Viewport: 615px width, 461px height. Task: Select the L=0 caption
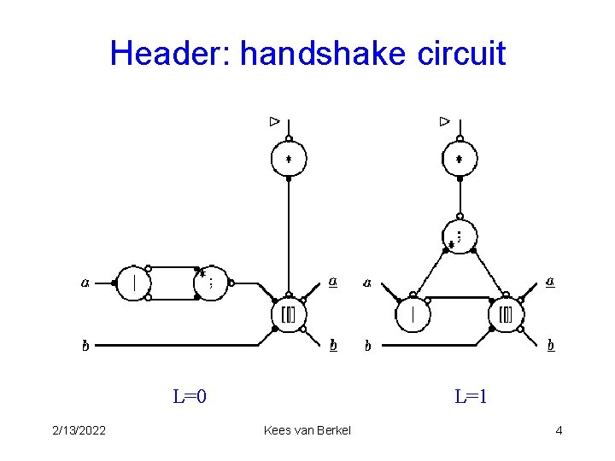190,396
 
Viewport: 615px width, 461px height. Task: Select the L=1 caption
471,396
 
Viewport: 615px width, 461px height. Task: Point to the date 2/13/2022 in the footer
78,430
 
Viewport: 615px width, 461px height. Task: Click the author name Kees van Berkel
307,430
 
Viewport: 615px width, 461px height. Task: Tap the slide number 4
559,430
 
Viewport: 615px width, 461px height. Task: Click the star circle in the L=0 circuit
289,159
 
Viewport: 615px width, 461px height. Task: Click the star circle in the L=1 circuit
459,159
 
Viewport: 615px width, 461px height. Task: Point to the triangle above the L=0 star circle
274,121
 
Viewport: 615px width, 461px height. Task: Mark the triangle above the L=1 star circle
444,121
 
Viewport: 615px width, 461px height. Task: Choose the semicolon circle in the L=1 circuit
459,236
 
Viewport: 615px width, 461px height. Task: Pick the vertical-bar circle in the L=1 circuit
413,315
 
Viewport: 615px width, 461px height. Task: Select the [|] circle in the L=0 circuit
288,315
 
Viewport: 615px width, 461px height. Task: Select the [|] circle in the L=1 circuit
506,315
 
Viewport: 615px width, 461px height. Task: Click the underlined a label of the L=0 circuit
332,282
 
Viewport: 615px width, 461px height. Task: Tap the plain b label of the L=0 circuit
85,347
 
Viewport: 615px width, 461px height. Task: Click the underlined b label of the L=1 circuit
551,346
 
